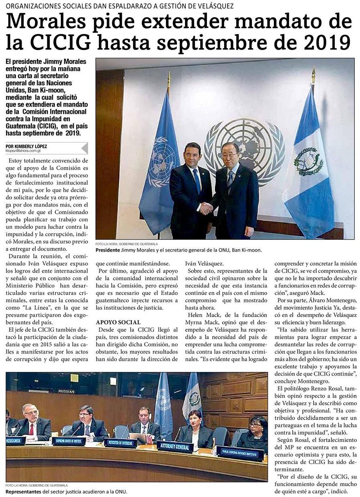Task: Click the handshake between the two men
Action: point(205,208)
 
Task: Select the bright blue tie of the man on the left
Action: point(197,181)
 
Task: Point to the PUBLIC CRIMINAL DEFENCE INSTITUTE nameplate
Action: point(240,453)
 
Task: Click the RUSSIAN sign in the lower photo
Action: point(66,391)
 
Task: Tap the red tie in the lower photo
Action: point(31,429)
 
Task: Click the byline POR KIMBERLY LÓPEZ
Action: point(26,146)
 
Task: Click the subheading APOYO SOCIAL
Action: point(118,322)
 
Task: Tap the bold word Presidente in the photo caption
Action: point(108,250)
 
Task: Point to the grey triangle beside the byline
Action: point(84,148)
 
